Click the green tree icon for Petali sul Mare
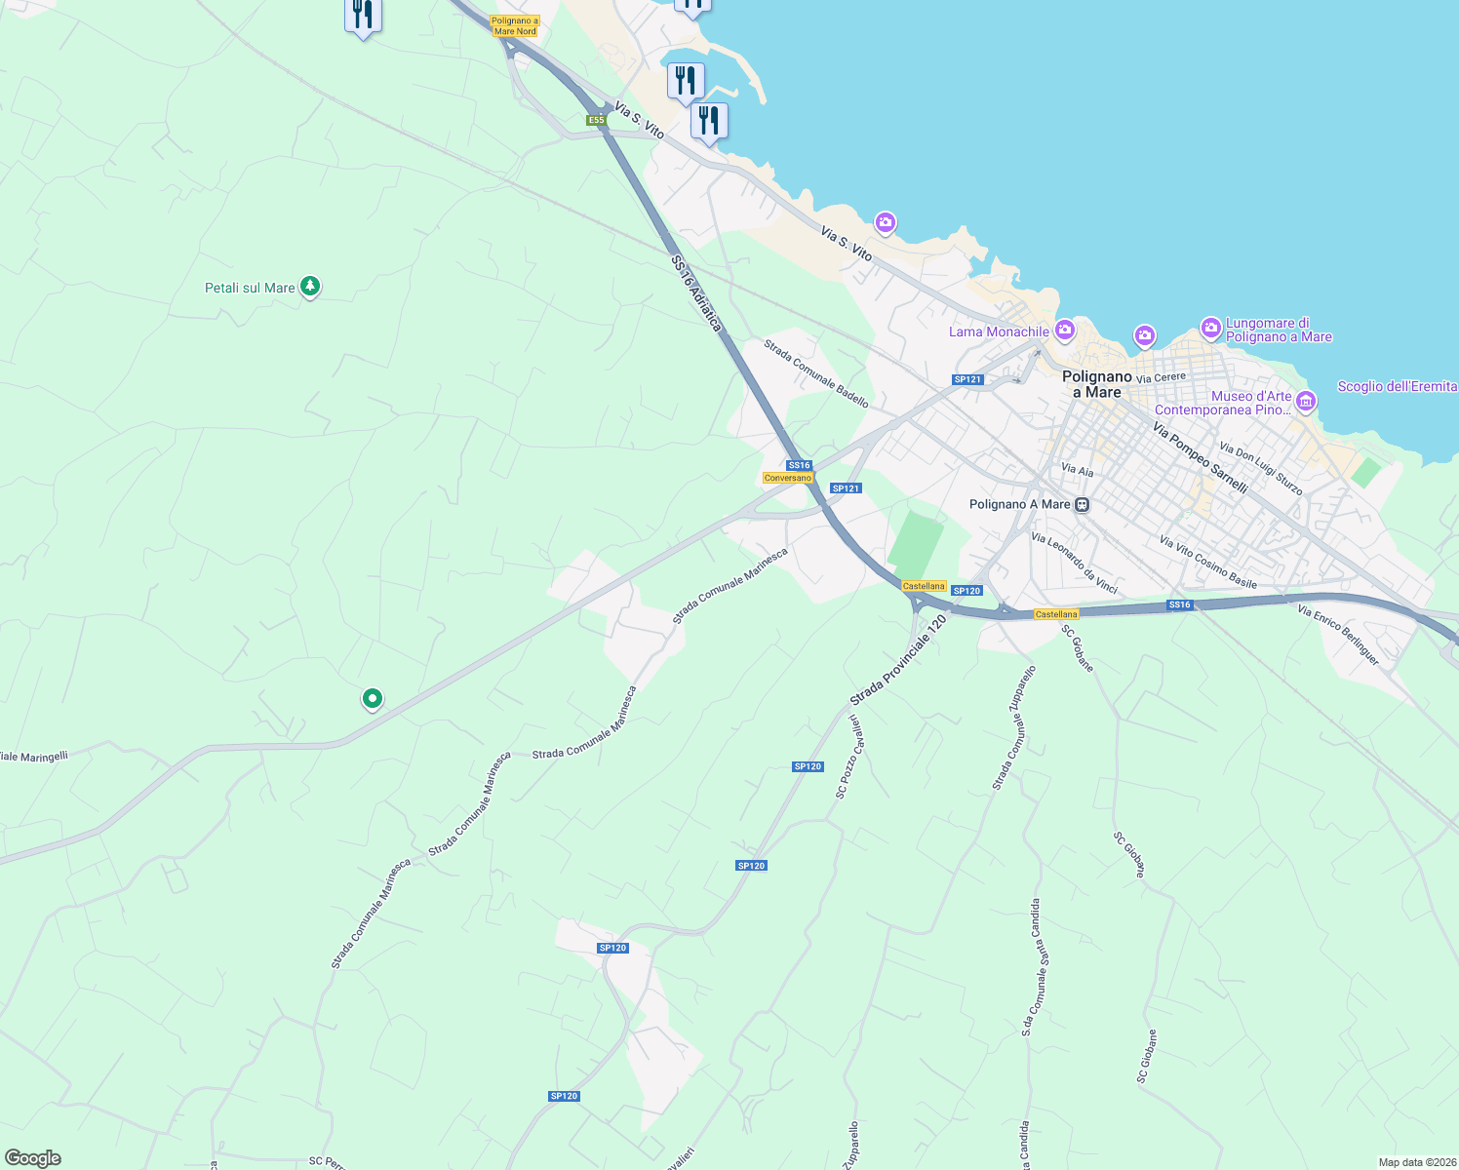(310, 287)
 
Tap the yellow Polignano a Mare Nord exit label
(514, 26)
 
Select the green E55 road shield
(596, 120)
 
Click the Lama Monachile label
(999, 332)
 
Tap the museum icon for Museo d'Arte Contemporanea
(1306, 401)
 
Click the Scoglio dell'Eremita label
(1397, 387)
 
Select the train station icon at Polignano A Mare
(1082, 505)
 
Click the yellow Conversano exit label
(787, 478)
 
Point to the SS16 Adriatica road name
(696, 292)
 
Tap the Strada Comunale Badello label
(816, 373)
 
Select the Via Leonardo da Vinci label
(1074, 564)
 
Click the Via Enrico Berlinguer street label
(1338, 635)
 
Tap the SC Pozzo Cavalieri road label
(848, 757)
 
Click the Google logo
(32, 1158)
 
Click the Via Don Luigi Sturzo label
(1261, 470)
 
